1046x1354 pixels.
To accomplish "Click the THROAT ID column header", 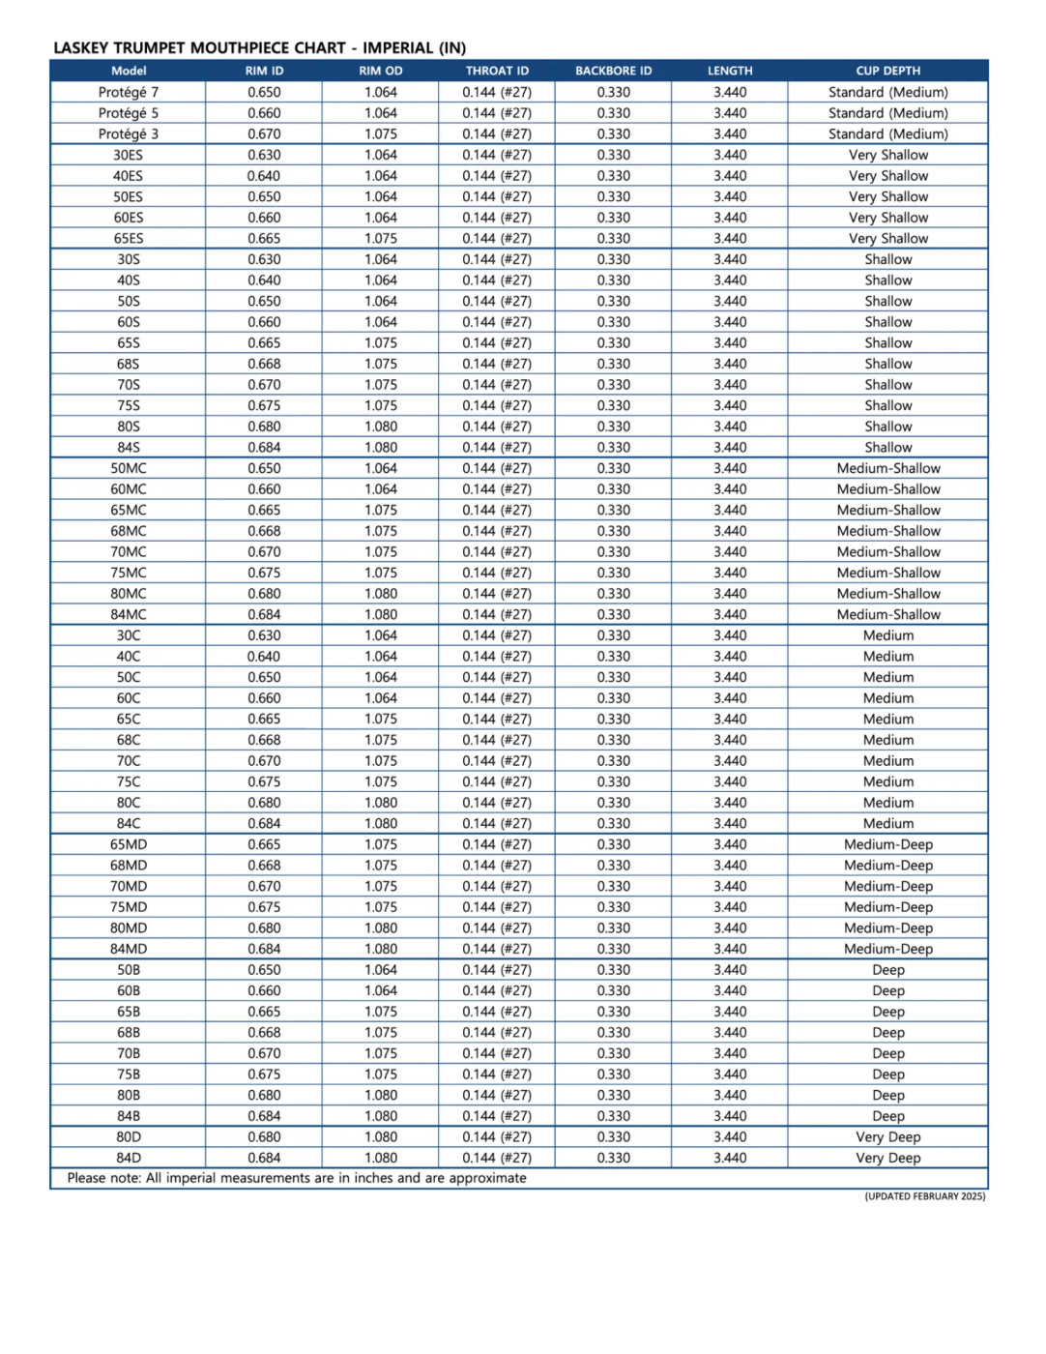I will (x=497, y=71).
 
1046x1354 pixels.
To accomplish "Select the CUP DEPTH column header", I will (x=887, y=71).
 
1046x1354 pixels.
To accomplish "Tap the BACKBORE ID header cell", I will (x=613, y=71).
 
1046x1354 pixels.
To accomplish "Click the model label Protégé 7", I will (x=129, y=92).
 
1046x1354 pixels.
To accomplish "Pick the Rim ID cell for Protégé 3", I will (x=264, y=134).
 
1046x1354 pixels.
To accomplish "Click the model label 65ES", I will (x=129, y=239).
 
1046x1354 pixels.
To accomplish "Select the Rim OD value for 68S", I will (x=381, y=364).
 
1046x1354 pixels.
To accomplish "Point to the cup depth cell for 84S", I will (x=887, y=448).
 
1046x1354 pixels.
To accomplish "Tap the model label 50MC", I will (x=129, y=468).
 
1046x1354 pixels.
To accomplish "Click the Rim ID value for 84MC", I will (x=264, y=614).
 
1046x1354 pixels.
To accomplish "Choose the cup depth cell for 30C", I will (x=887, y=635).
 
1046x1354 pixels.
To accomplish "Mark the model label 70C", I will (x=129, y=761).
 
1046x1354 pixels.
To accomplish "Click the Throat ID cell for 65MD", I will (x=497, y=844).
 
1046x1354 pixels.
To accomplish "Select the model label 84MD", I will (x=129, y=949).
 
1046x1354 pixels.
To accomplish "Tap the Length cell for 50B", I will (x=730, y=970).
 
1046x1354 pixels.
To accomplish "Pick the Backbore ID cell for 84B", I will (x=613, y=1116).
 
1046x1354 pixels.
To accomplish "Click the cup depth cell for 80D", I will (x=887, y=1137).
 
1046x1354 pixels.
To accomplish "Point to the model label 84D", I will (x=129, y=1158).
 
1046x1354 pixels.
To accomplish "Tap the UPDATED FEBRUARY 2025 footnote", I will (x=925, y=1196).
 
